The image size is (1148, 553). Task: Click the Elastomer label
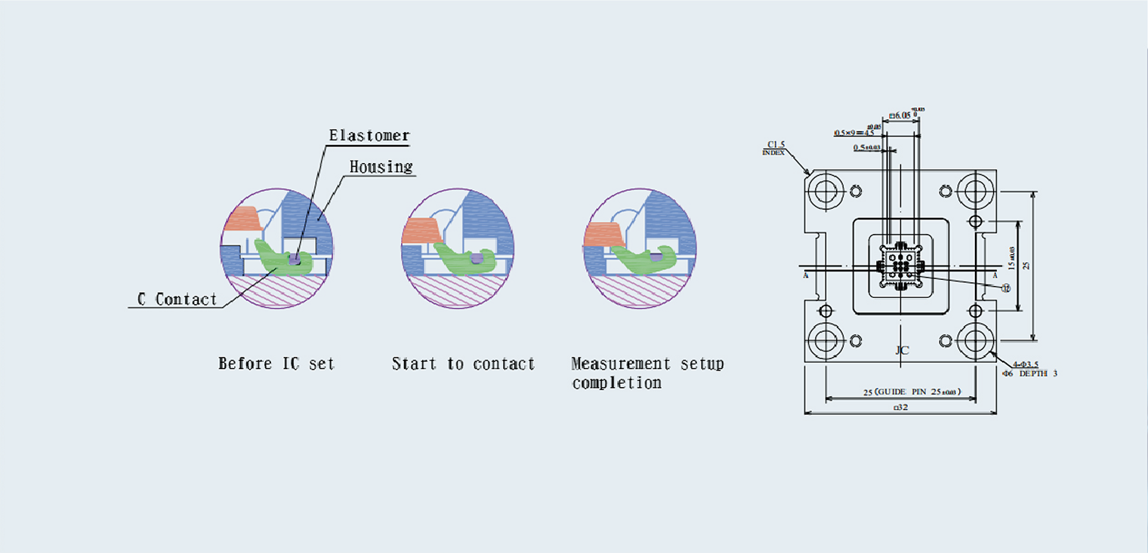(x=369, y=136)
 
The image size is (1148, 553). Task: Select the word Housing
(x=381, y=167)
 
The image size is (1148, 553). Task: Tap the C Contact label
(x=177, y=300)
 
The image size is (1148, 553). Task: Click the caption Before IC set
(x=276, y=364)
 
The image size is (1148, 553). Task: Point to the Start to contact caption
(x=463, y=364)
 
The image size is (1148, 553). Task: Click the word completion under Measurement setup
(x=616, y=382)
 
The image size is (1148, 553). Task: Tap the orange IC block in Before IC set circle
(x=242, y=219)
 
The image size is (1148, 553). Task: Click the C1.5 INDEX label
(x=776, y=146)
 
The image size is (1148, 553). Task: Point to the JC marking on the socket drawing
(x=902, y=350)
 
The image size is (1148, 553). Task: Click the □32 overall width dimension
(x=900, y=407)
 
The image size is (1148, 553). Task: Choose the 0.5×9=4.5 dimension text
(x=854, y=132)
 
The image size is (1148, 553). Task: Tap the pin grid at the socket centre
(x=900, y=265)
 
